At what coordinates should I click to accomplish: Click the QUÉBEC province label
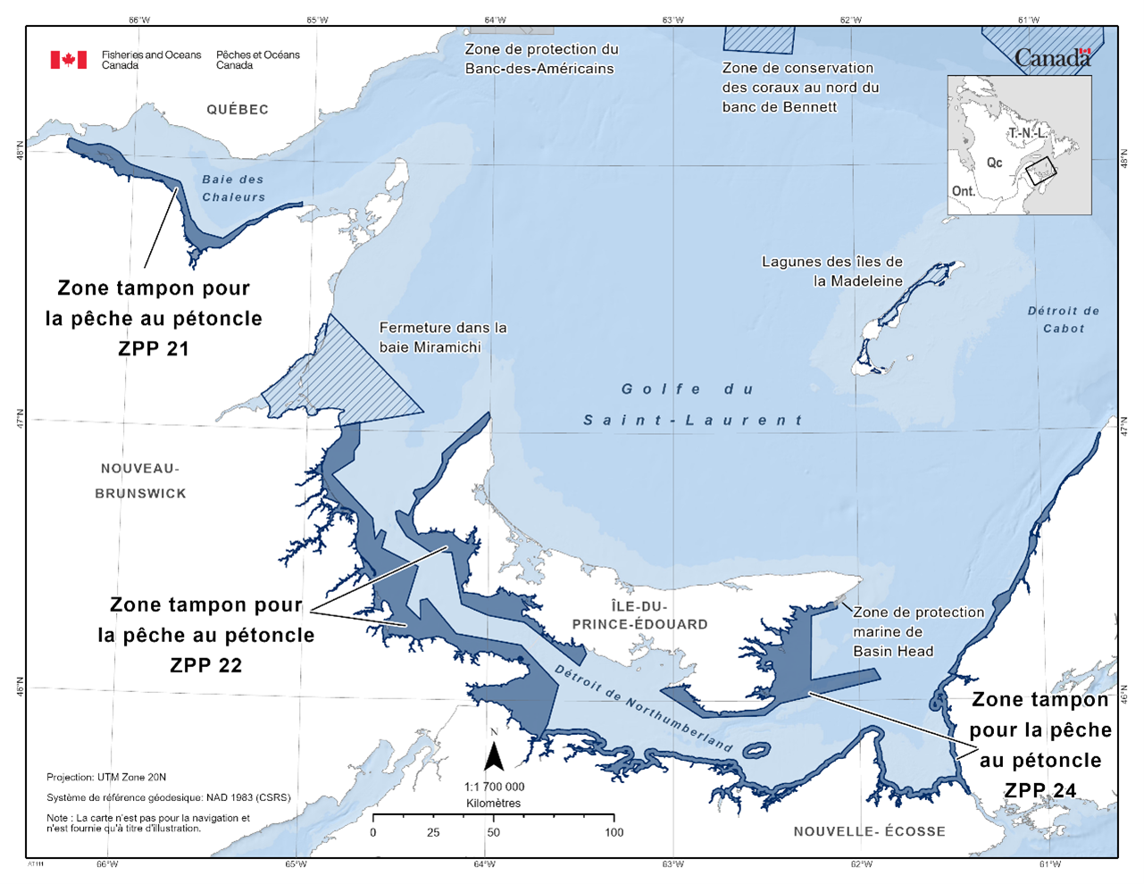pyautogui.click(x=238, y=110)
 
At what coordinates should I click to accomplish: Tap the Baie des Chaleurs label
pyautogui.click(x=233, y=188)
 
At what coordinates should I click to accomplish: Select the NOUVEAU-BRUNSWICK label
pyautogui.click(x=140, y=480)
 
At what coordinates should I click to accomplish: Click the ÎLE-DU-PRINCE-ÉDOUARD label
pyautogui.click(x=639, y=615)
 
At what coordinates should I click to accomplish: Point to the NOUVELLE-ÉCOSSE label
pyautogui.click(x=869, y=831)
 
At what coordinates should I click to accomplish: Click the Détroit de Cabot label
pyautogui.click(x=1063, y=320)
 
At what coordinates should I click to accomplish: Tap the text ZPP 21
pyautogui.click(x=154, y=349)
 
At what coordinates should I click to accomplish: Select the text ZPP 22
pyautogui.click(x=205, y=665)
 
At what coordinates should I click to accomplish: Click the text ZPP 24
pyautogui.click(x=1040, y=790)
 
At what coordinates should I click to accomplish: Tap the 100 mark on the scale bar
pyautogui.click(x=614, y=832)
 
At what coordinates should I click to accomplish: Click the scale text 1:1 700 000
pyautogui.click(x=494, y=787)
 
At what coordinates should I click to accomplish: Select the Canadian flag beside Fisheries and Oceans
pyautogui.click(x=69, y=60)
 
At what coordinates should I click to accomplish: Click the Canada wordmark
pyautogui.click(x=1052, y=59)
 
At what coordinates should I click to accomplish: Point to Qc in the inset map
pyautogui.click(x=994, y=163)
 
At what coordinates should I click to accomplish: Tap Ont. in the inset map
pyautogui.click(x=963, y=191)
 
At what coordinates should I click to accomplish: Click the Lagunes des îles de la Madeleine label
pyautogui.click(x=831, y=271)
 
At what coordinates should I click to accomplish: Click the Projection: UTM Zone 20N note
pyautogui.click(x=106, y=778)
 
